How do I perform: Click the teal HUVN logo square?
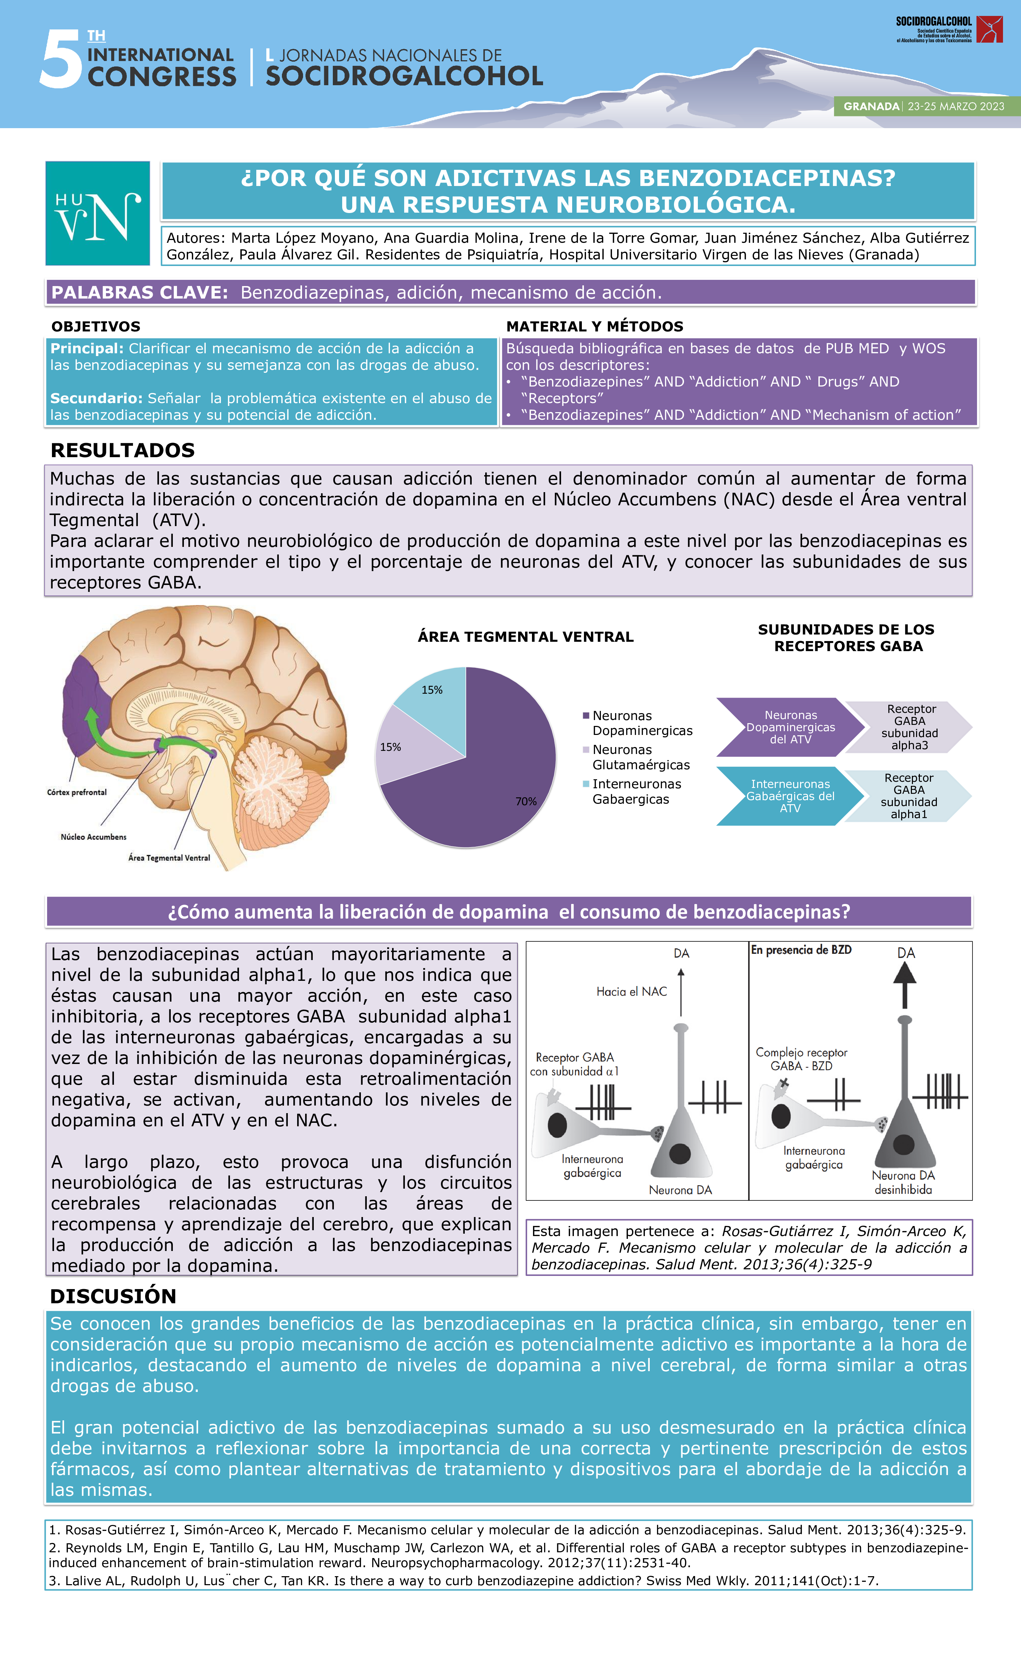[98, 213]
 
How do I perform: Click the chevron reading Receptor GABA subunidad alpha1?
[908, 796]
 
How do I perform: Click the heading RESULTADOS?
[123, 451]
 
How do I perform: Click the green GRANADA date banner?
[927, 106]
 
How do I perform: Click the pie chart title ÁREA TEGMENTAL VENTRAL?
[526, 637]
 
